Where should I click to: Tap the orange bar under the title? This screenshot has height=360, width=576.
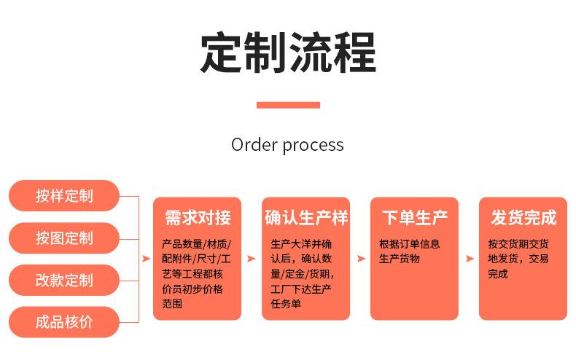(288, 105)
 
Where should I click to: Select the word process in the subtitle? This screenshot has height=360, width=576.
(313, 145)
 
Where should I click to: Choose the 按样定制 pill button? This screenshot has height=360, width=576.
(64, 195)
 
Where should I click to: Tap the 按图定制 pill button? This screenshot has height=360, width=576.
(64, 238)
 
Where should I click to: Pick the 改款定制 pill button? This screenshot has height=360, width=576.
(64, 280)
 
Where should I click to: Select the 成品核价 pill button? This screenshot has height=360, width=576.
(64, 322)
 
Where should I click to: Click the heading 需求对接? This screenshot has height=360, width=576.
(197, 217)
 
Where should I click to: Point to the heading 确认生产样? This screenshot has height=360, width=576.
(305, 217)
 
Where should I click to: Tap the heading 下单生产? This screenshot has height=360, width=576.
(414, 217)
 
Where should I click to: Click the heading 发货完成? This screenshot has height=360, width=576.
(523, 217)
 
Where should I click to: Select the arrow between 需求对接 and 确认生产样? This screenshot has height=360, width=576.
(252, 259)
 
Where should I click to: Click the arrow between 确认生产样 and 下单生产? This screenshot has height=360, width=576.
(360, 259)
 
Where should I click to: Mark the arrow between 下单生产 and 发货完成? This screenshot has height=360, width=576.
(469, 259)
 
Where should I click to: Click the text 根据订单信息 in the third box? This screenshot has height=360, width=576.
(409, 244)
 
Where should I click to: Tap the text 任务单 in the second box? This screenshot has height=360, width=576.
(285, 304)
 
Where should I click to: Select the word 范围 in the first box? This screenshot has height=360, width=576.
(172, 304)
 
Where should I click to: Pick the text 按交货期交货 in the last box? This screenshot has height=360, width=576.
(518, 244)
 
